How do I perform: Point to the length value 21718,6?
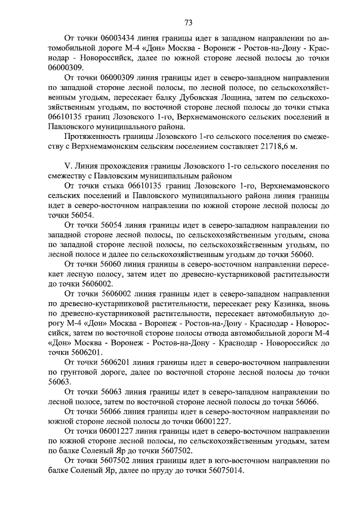(271, 146)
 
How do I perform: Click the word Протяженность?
(94, 136)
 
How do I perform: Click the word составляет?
(235, 146)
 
